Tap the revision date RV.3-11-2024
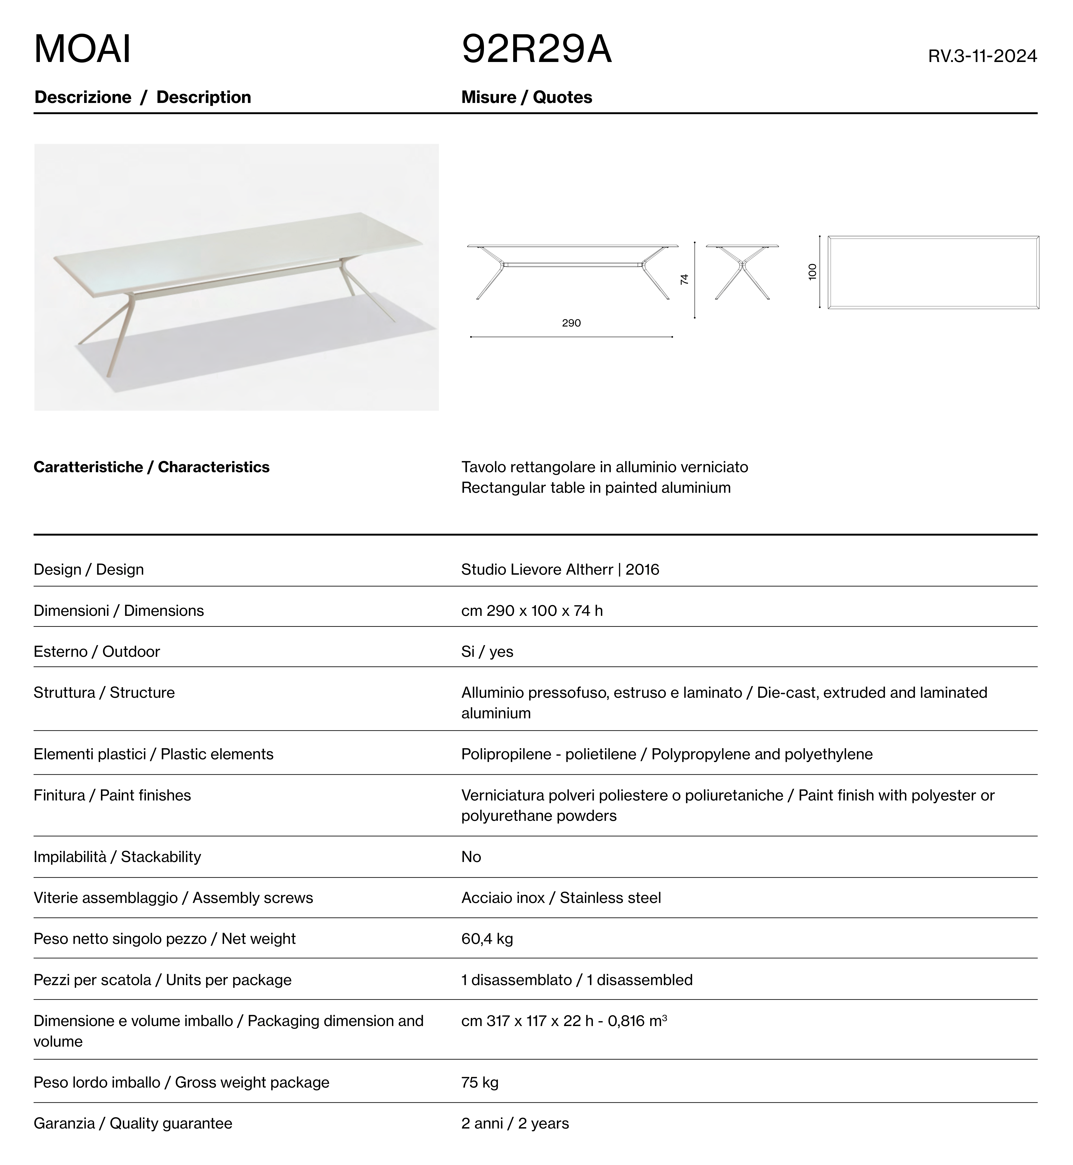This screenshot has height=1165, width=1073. pyautogui.click(x=982, y=56)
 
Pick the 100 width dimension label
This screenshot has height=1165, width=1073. pyautogui.click(x=812, y=272)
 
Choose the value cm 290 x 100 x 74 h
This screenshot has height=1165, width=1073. pyautogui.click(x=532, y=611)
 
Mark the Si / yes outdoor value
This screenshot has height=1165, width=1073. pyautogui.click(x=487, y=652)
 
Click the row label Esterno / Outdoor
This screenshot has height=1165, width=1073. pyautogui.click(x=96, y=652)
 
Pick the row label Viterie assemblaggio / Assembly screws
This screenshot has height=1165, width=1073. pyautogui.click(x=173, y=898)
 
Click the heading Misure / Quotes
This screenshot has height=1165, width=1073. pyautogui.click(x=527, y=98)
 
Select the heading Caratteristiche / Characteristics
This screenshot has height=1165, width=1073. pyautogui.click(x=151, y=467)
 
